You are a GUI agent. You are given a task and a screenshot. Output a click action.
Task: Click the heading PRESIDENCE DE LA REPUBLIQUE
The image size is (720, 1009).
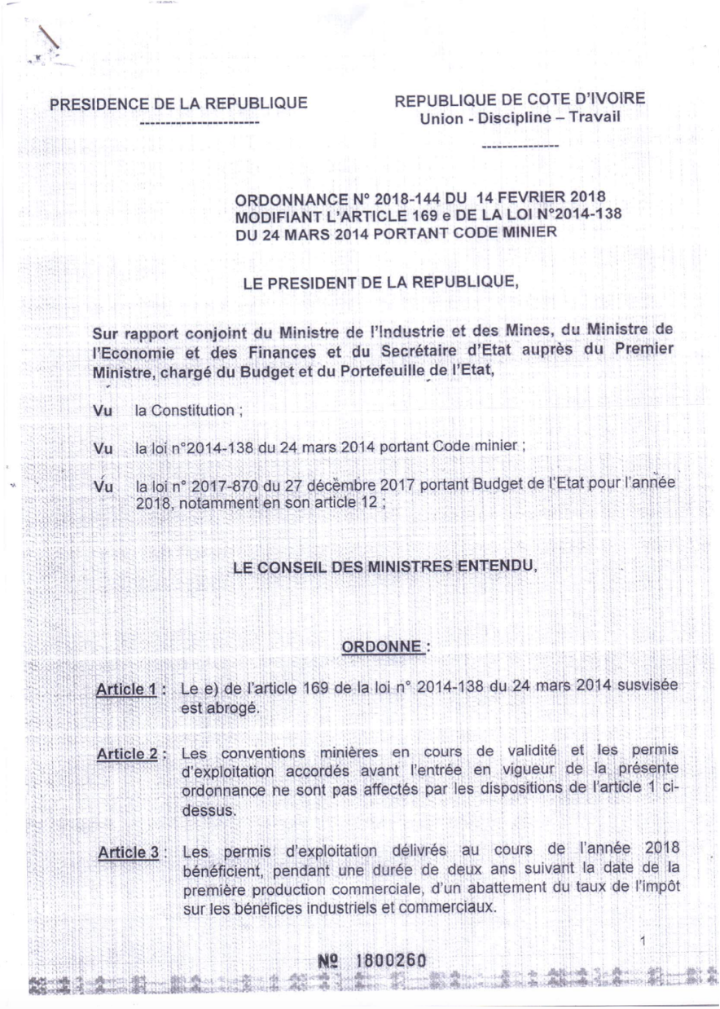(x=179, y=104)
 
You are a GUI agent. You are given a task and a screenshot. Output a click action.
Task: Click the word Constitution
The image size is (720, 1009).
(x=185, y=411)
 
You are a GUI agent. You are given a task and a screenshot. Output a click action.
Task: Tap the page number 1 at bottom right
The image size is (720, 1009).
(x=643, y=941)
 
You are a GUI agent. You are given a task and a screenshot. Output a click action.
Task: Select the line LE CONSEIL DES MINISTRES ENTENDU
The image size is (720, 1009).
(x=385, y=566)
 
